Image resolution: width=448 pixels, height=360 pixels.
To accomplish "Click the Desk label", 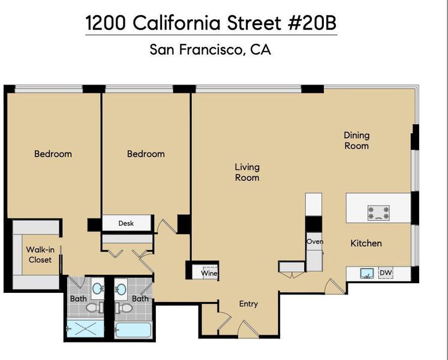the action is (126, 223).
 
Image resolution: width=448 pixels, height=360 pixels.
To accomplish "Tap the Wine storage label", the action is (209, 274).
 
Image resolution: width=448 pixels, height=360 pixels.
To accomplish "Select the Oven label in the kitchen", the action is (315, 242).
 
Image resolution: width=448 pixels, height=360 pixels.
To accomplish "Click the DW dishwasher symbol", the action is (386, 273).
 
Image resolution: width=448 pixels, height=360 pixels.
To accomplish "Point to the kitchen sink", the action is (367, 274).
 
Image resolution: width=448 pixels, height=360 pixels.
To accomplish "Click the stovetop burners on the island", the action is (378, 213).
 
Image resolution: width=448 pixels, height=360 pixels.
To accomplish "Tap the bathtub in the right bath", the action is (133, 330).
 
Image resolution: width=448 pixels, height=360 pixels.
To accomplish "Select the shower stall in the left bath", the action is (85, 329).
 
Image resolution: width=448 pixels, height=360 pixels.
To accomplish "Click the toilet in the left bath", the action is (95, 308).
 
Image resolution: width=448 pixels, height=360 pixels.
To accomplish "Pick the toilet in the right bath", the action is (124, 308).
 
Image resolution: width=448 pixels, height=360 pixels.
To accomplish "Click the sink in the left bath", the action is (98, 289).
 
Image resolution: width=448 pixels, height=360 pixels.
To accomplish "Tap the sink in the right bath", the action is (121, 289).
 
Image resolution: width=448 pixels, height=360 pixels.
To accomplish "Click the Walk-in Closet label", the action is (40, 255).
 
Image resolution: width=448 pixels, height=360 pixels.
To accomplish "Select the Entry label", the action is (248, 304).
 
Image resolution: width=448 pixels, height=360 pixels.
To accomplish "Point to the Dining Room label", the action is (357, 140).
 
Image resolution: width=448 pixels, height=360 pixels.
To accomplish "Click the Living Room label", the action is (247, 172).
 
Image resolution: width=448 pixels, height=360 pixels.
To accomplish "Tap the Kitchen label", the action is (366, 244).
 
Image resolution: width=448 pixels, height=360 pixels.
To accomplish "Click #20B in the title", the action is (312, 23).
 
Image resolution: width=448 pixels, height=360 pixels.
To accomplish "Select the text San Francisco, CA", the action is (211, 49).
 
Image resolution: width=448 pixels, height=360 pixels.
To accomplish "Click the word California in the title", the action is (176, 23).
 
